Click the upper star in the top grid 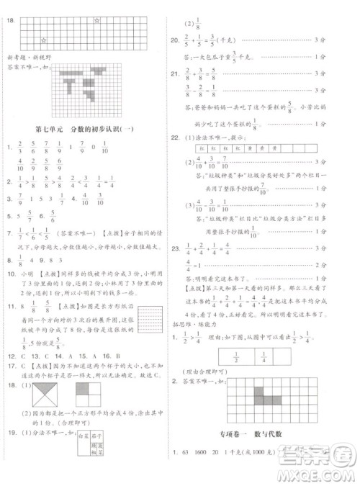96,21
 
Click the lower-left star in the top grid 44,39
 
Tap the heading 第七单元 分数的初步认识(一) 89,129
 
